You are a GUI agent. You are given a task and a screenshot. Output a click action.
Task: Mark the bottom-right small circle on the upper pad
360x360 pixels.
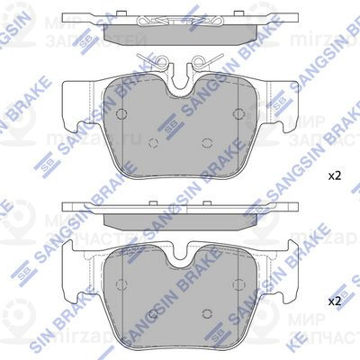click(208, 141)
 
